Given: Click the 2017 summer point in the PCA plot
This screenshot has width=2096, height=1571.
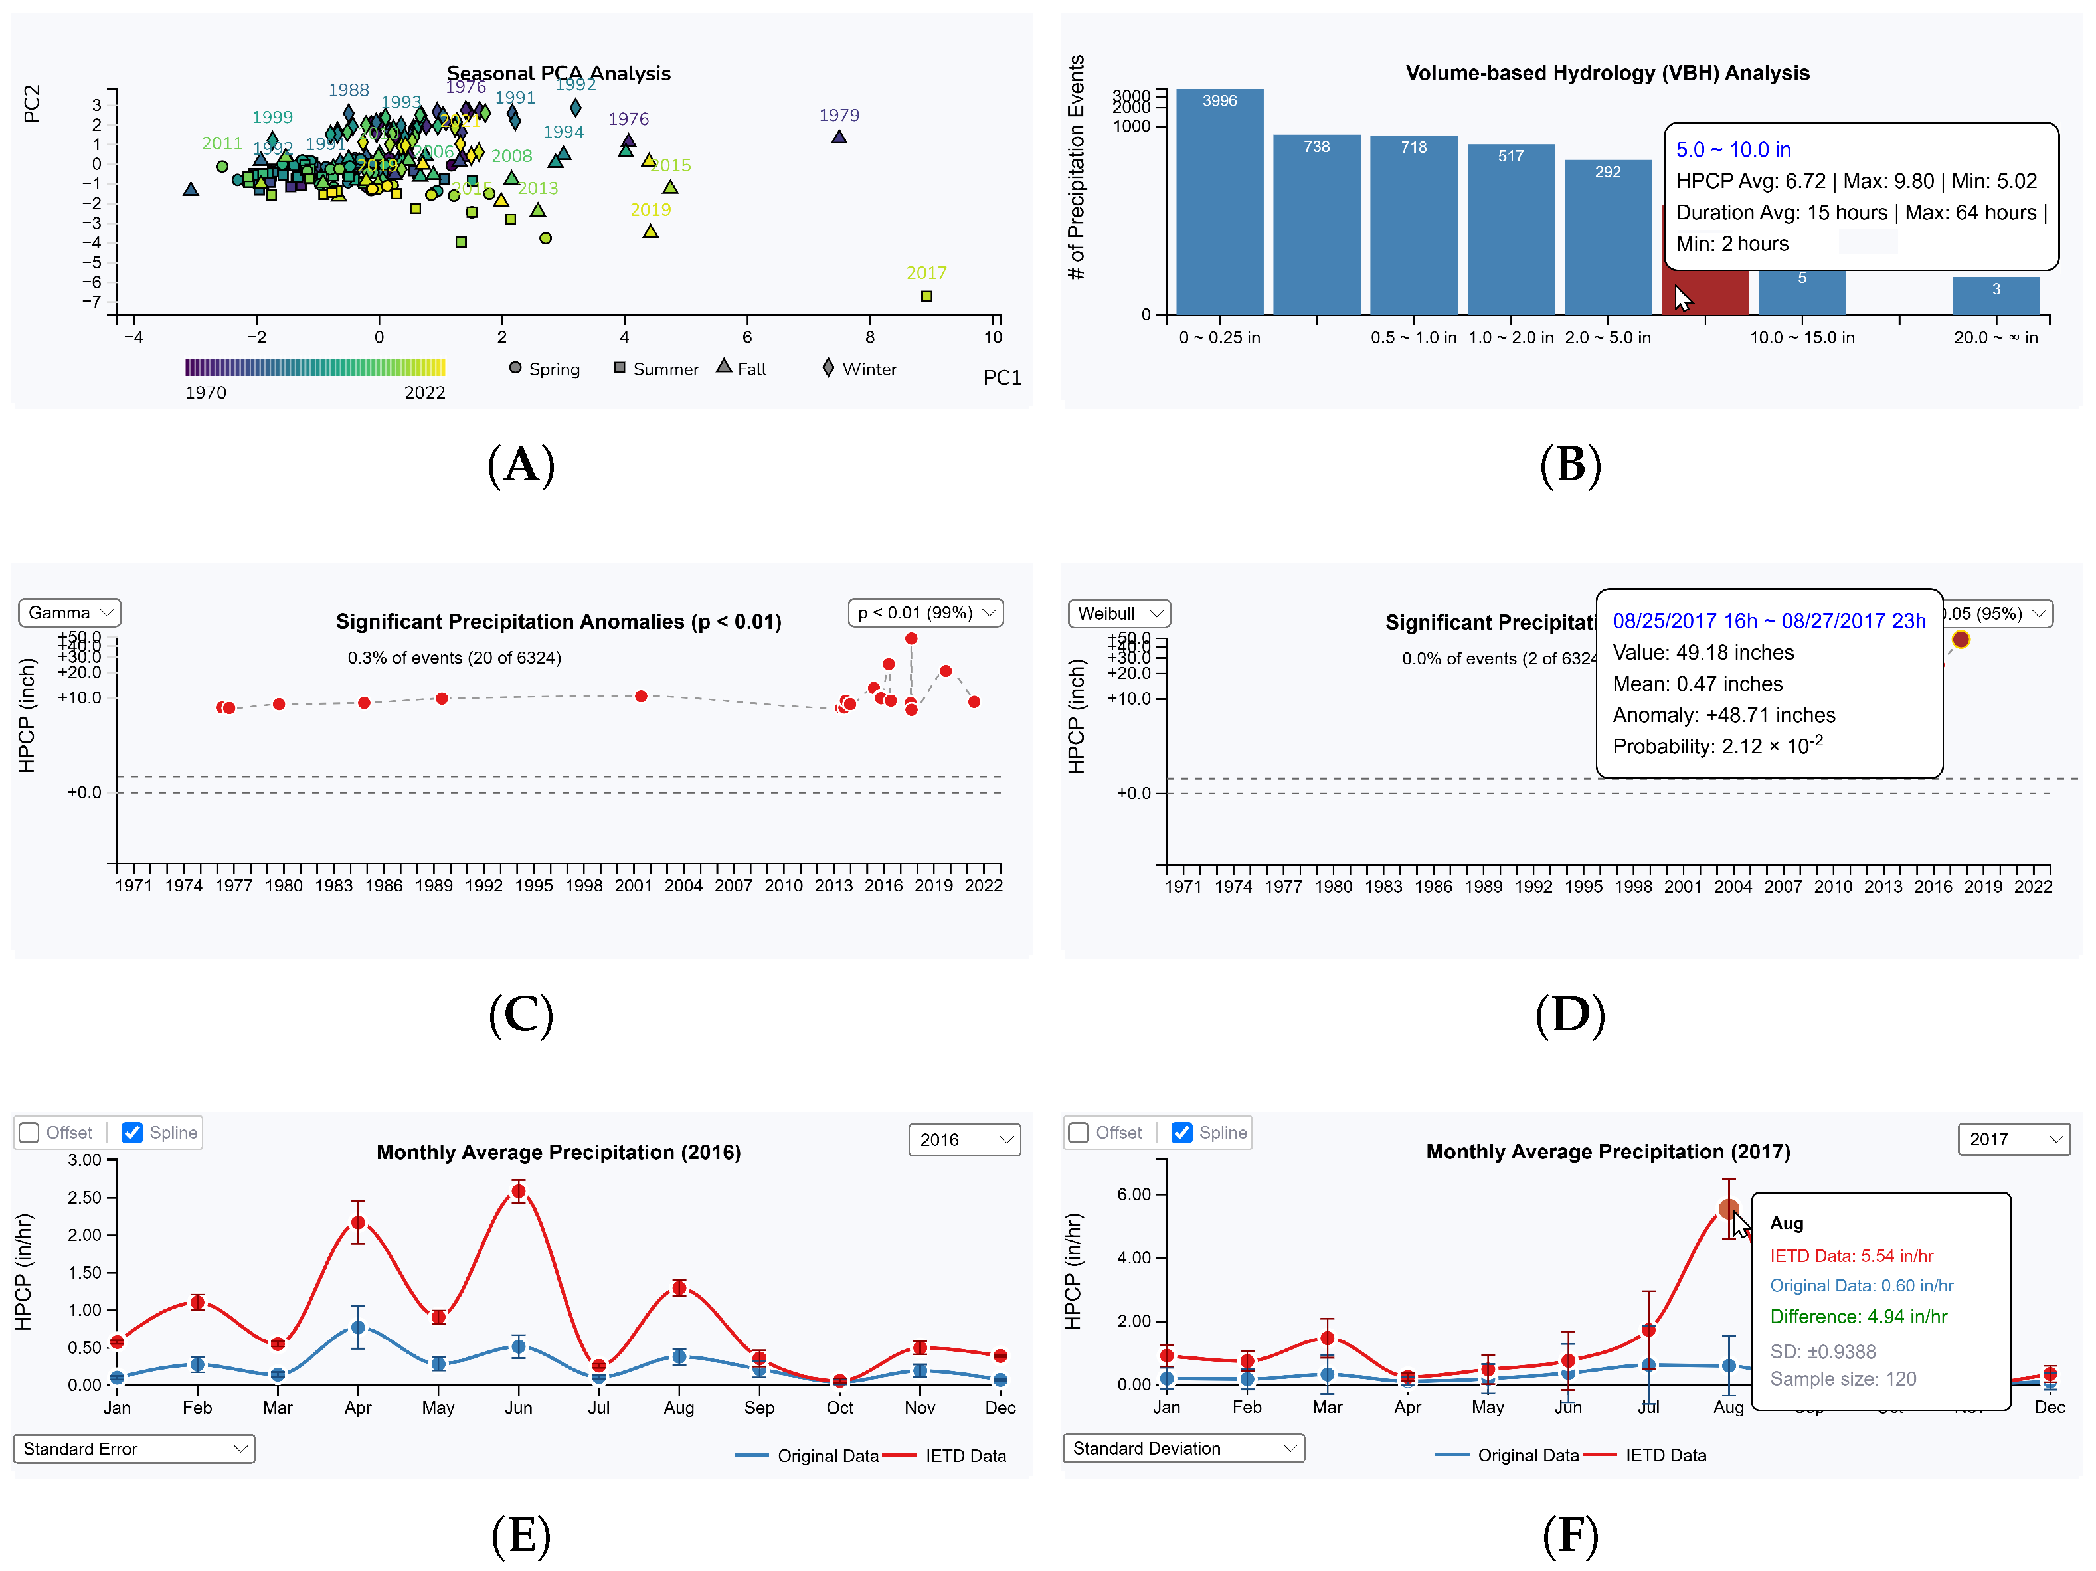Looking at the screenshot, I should [x=926, y=296].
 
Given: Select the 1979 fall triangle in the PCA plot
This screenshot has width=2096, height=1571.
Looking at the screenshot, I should [x=839, y=138].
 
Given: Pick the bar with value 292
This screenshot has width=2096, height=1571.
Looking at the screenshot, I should [x=1607, y=237].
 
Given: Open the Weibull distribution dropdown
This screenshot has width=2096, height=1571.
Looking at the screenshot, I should [x=1119, y=614].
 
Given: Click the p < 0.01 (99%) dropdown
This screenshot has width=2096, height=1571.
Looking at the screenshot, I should [x=925, y=613].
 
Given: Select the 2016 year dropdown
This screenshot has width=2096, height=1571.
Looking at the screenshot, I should [x=964, y=1139].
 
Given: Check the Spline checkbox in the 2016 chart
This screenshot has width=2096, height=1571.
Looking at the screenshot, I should [x=133, y=1133].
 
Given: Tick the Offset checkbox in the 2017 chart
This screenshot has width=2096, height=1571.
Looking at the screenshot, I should [x=1079, y=1133].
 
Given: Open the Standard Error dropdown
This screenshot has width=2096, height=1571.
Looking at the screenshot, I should [x=133, y=1449].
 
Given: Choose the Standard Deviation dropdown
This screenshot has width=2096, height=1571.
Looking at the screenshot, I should [x=1183, y=1448].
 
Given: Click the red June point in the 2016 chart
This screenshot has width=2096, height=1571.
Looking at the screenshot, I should [x=518, y=1192].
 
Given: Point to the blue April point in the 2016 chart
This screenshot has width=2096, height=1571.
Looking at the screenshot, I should [x=358, y=1327].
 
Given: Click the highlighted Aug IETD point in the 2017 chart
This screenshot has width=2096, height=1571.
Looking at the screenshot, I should [x=1728, y=1209].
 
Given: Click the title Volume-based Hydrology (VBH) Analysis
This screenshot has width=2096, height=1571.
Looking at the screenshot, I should [x=1607, y=73].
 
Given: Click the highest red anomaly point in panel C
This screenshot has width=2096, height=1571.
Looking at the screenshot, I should [x=911, y=638].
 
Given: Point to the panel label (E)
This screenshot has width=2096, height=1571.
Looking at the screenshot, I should [x=520, y=1535].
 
